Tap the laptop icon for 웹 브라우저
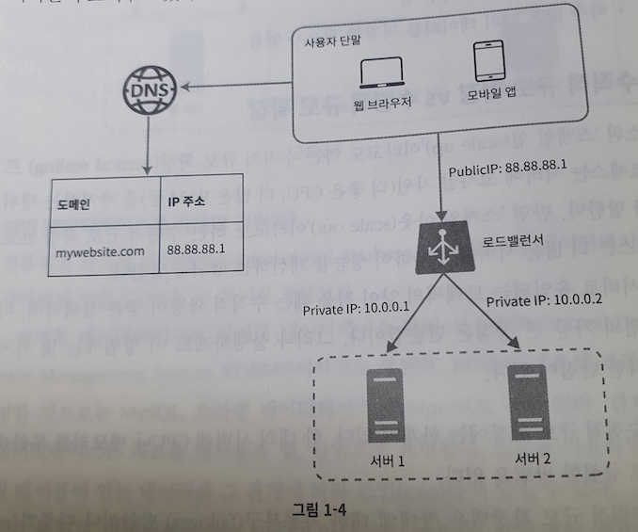(382, 74)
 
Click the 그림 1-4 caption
(322, 509)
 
